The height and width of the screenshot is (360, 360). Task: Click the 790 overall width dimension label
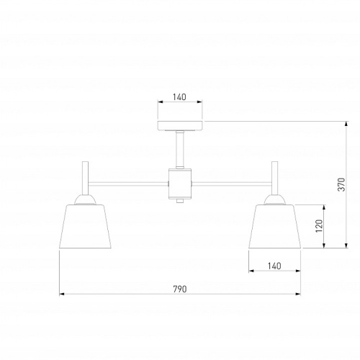pyautogui.click(x=180, y=289)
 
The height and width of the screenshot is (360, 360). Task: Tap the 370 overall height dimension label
pyautogui.click(x=341, y=184)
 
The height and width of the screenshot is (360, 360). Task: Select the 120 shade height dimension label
pyautogui.click(x=319, y=226)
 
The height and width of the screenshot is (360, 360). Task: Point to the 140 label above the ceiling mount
pyautogui.click(x=179, y=97)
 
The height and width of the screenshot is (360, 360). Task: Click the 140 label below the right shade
pyautogui.click(x=274, y=266)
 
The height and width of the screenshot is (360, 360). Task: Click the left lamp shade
pyautogui.click(x=85, y=226)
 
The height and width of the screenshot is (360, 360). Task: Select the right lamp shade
pyautogui.click(x=275, y=226)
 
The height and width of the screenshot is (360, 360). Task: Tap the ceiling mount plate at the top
pyautogui.click(x=180, y=125)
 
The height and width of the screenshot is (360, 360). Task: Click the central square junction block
pyautogui.click(x=180, y=184)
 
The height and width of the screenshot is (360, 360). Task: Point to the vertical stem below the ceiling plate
pyautogui.click(x=180, y=150)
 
